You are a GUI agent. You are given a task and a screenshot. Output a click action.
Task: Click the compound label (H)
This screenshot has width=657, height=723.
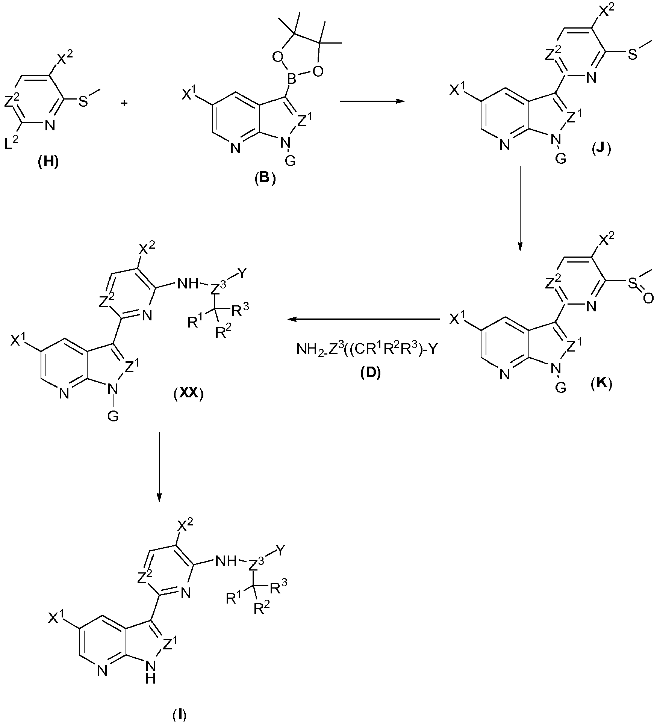49,163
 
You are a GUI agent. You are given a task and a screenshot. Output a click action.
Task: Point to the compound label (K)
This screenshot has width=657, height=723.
601,384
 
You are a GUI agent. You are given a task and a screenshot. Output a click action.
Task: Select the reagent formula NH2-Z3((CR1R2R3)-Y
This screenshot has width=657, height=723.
366,350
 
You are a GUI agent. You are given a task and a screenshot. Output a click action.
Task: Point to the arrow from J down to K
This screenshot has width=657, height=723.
520,208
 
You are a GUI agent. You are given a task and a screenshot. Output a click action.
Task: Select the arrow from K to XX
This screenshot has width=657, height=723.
363,319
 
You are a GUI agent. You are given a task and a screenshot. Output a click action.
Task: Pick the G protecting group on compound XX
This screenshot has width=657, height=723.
113,417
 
